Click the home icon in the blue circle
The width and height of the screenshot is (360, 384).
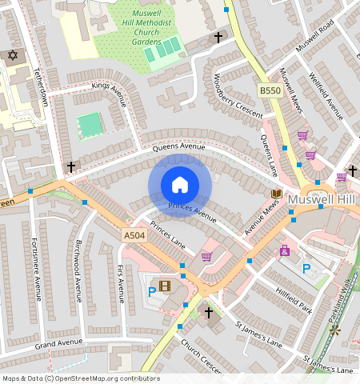click(180, 185)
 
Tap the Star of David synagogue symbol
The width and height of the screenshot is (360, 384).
click(11, 55)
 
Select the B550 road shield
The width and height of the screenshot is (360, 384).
click(270, 92)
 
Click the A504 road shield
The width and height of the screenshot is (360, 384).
click(134, 235)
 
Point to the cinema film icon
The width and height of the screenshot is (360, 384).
click(165, 286)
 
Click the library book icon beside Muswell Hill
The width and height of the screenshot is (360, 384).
click(277, 194)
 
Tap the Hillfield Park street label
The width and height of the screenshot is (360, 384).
click(293, 293)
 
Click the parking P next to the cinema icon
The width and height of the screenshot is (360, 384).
click(151, 291)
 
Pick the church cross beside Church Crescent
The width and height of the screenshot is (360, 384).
click(209, 312)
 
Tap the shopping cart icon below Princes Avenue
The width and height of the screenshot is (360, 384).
click(206, 257)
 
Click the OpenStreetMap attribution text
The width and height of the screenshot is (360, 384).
click(81, 378)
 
